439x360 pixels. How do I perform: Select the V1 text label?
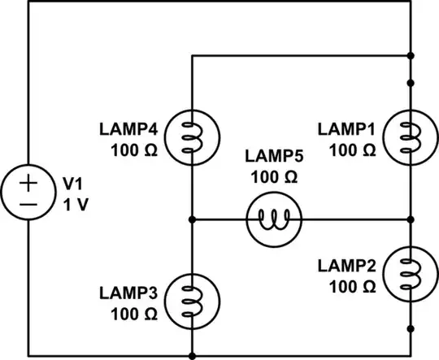(72, 184)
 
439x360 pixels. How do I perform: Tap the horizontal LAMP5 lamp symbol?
(273, 219)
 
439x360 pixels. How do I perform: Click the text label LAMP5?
(273, 157)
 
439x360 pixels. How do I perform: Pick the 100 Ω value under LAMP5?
(273, 176)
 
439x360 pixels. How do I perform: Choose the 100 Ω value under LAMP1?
(353, 150)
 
